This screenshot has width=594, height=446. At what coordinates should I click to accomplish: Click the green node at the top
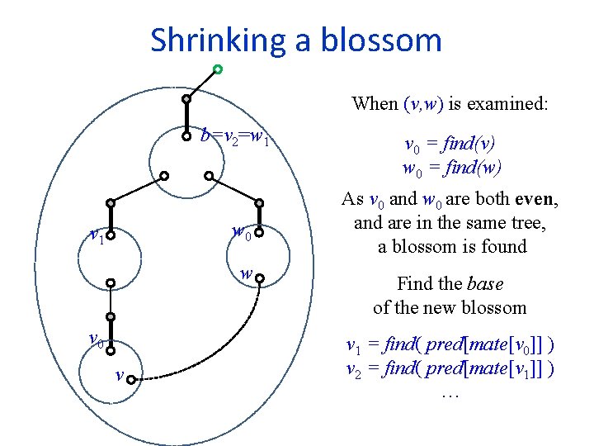217,69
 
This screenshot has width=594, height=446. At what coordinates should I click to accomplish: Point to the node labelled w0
259,234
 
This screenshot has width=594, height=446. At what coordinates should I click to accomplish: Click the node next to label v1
110,234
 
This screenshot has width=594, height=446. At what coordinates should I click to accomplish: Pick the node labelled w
259,279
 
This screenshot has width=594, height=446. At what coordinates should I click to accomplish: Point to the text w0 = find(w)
449,168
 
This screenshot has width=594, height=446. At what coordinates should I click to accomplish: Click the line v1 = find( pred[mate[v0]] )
449,345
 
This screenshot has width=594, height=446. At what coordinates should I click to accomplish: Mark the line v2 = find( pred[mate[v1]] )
449,368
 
